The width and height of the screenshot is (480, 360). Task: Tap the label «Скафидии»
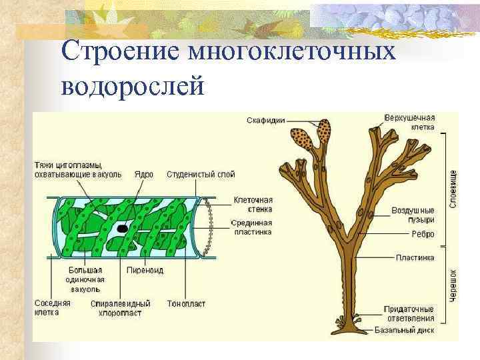click(x=266, y=121)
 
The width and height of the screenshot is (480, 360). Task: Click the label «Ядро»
click(x=143, y=174)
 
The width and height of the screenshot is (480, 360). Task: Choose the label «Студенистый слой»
click(x=201, y=174)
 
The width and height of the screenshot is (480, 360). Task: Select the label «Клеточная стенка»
click(x=253, y=204)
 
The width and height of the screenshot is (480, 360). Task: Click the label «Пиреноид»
click(x=145, y=270)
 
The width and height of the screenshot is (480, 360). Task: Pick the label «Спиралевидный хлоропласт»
click(x=120, y=307)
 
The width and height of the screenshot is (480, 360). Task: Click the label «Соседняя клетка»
click(x=52, y=307)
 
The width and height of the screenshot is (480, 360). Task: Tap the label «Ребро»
click(x=423, y=234)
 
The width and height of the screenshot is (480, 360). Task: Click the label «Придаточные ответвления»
click(x=409, y=313)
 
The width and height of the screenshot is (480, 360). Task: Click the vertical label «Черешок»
click(x=453, y=286)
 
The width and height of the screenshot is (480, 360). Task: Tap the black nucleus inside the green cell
click(x=122, y=229)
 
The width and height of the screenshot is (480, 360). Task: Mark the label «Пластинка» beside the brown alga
click(x=415, y=257)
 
